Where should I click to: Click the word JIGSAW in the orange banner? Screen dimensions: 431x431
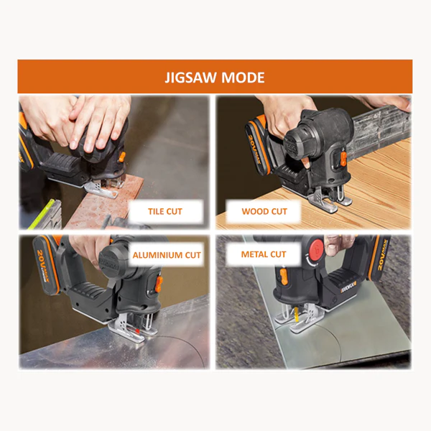click(x=190, y=78)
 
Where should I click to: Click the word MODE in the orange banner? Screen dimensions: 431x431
click(x=243, y=78)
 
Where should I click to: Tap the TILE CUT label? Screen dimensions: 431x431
click(x=165, y=211)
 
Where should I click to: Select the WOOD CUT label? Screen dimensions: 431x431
click(x=264, y=211)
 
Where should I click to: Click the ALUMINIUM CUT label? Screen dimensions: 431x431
click(x=167, y=255)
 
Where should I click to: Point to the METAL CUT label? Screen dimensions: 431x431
click(x=264, y=254)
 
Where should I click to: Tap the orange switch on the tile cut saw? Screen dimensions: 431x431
click(x=122, y=157)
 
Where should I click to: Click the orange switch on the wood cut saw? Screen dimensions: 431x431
click(x=343, y=159)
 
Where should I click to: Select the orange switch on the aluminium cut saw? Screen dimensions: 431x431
click(x=159, y=284)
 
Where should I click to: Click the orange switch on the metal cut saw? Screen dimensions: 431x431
click(x=284, y=277)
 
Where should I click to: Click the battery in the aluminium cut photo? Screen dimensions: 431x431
click(x=47, y=264)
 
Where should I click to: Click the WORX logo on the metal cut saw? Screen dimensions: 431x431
click(x=348, y=288)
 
